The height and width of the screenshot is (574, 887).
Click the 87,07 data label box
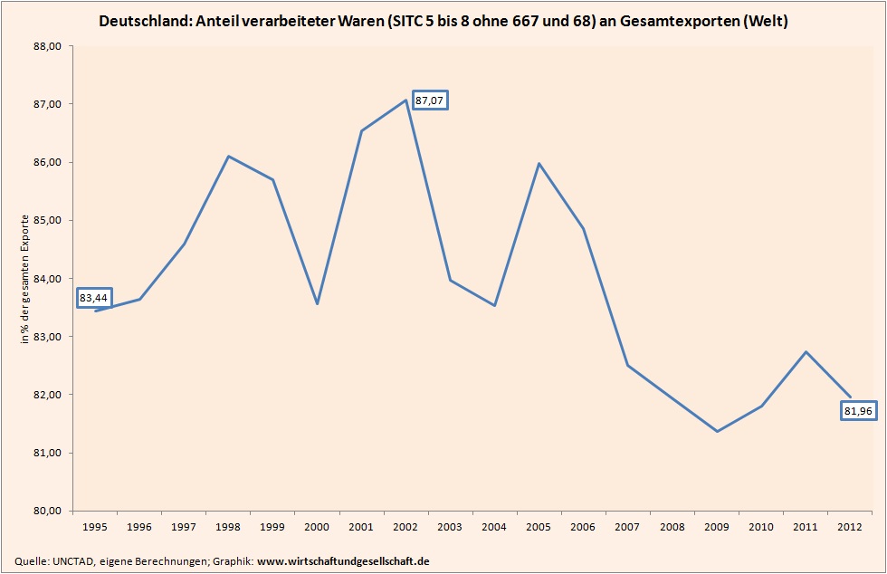coord(430,100)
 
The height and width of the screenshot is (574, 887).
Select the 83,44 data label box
coord(94,297)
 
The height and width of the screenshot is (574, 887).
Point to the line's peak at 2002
coord(405,100)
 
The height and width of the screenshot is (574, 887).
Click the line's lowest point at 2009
coord(717,431)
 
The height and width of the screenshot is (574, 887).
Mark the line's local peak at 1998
coord(228,157)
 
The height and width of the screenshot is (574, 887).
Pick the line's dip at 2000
coord(317,303)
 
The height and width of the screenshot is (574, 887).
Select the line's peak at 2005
coord(539,164)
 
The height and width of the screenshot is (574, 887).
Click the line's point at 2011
coord(806,351)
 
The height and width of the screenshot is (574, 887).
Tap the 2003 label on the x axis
coord(450,525)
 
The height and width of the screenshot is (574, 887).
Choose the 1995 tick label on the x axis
coord(95,525)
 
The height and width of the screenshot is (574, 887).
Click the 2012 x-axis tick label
coord(850,525)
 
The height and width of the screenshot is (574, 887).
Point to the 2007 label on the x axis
coord(628,525)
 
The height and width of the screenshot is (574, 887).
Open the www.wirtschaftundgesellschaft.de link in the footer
coord(343,561)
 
